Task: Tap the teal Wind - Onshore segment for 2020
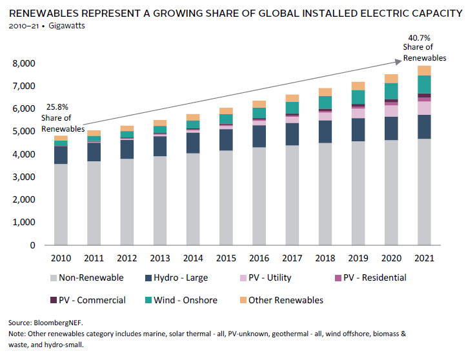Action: click(x=391, y=91)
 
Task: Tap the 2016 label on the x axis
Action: click(x=259, y=258)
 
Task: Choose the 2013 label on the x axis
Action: click(x=160, y=258)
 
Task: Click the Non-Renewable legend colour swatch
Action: click(x=52, y=278)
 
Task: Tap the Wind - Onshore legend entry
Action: click(x=187, y=300)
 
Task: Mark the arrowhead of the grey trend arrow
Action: click(x=396, y=61)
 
